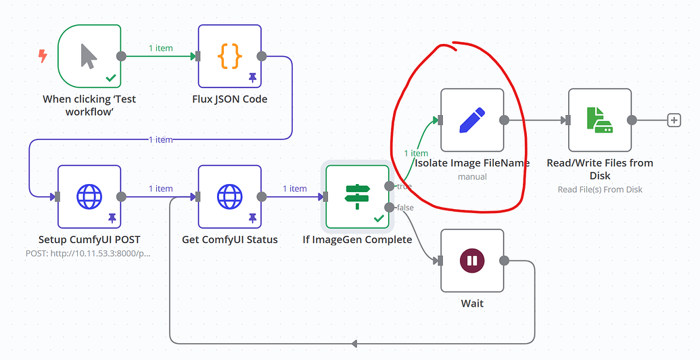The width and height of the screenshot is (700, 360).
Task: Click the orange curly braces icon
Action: (229, 56)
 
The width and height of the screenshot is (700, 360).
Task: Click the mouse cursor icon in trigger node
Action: (89, 56)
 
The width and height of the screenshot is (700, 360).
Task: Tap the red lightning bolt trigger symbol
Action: (43, 56)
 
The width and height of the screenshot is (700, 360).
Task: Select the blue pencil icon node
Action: (472, 120)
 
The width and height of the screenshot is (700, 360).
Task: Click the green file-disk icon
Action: (599, 120)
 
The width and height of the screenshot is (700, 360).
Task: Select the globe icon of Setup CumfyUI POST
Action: (89, 197)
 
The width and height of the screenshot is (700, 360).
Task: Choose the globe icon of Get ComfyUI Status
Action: (229, 197)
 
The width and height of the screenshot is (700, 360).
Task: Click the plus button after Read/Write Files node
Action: (674, 120)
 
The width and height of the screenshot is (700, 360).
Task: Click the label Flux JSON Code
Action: (229, 99)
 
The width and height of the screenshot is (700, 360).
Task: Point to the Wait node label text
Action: (472, 304)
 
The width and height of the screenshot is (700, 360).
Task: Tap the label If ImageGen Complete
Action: (357, 240)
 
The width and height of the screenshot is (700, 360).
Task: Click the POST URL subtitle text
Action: (88, 253)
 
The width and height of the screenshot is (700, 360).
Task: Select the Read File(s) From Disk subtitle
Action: (600, 189)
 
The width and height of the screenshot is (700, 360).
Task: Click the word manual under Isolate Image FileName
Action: (472, 177)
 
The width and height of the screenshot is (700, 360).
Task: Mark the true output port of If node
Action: (389, 185)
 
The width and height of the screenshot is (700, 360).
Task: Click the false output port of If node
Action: (389, 207)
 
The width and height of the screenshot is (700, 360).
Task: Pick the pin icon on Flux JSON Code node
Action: (252, 78)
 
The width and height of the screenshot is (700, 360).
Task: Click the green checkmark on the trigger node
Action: (111, 78)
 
